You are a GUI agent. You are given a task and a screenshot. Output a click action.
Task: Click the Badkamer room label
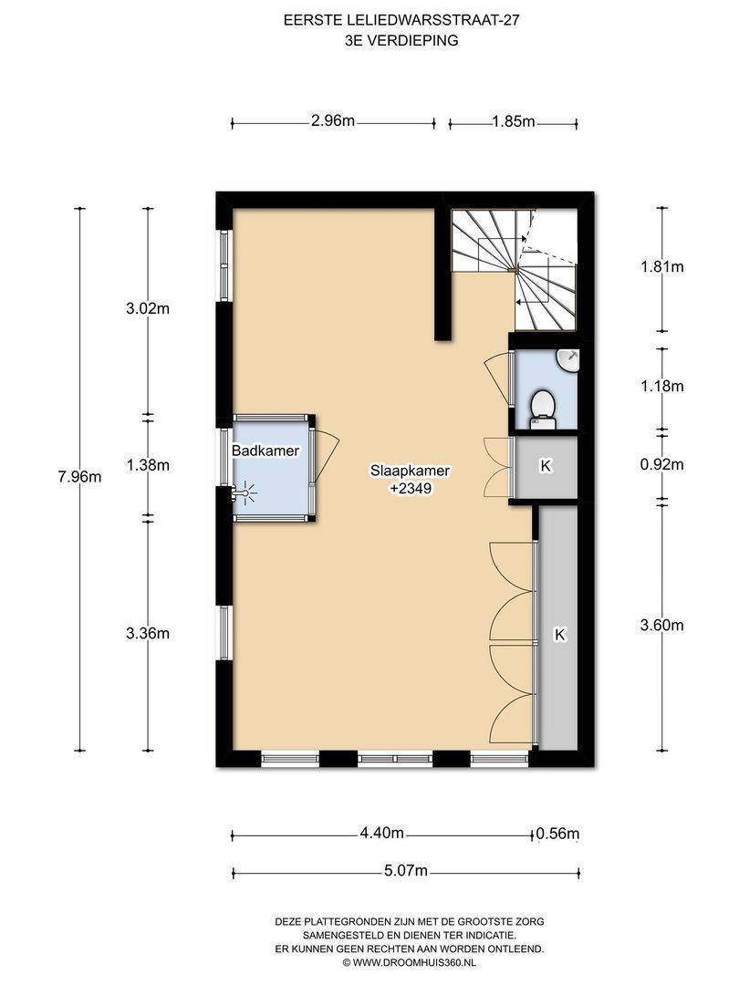[x=265, y=451]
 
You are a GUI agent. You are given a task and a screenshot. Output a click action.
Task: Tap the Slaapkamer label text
[x=411, y=471]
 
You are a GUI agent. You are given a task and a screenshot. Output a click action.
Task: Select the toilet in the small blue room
[x=542, y=407]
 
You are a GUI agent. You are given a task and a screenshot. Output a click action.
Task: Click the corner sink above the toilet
[x=568, y=360]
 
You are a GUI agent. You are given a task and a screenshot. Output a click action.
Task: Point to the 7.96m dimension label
[x=79, y=477]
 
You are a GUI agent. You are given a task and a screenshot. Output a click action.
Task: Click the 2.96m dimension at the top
[x=333, y=120]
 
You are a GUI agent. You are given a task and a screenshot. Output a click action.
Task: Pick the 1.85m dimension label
[x=514, y=121]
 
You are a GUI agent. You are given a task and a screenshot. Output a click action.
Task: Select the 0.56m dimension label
[x=557, y=834]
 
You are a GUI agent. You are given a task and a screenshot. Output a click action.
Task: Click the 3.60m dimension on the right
[x=661, y=625]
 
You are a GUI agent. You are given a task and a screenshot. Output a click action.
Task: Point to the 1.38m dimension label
[x=148, y=465]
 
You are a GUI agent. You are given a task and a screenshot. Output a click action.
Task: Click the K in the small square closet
[x=546, y=466]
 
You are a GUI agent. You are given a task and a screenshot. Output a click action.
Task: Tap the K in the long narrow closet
[x=560, y=635]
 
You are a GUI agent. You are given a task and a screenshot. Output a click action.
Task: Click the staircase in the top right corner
[x=515, y=270]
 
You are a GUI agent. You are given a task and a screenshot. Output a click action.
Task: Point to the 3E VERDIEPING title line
[x=401, y=41]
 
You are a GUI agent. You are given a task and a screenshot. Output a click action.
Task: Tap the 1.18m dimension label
[x=661, y=387]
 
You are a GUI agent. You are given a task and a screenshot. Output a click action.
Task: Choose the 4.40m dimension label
[x=381, y=834]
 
